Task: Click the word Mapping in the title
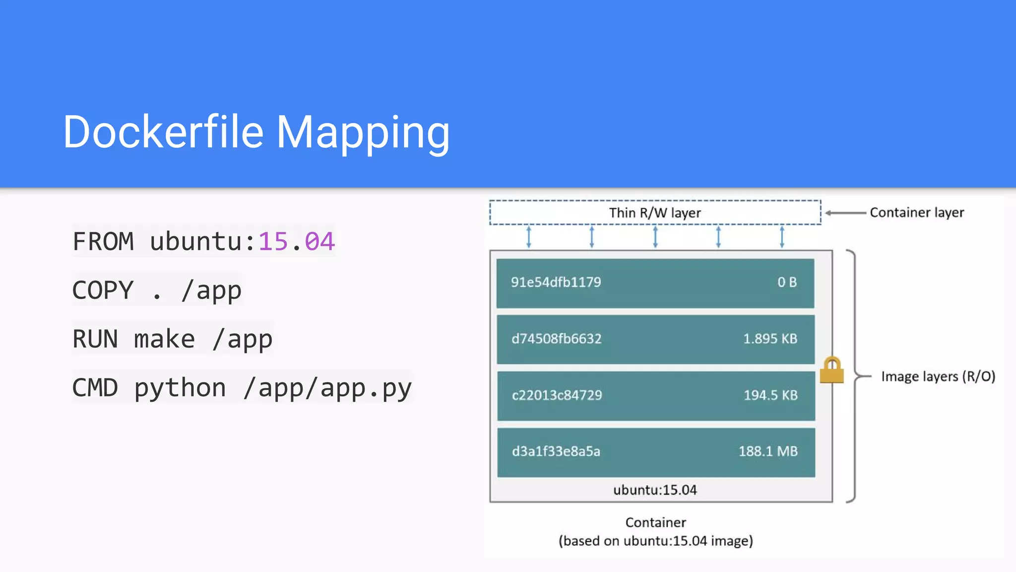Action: tap(363, 133)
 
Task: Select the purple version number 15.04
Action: tap(296, 242)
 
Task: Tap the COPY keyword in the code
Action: tap(103, 290)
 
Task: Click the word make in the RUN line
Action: tap(164, 339)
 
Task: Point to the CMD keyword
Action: tap(95, 388)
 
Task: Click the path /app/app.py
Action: tap(327, 388)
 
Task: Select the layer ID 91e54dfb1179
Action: tap(556, 283)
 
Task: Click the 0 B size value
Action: tap(787, 283)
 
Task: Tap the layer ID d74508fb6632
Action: tap(556, 339)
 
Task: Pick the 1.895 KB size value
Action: tap(770, 339)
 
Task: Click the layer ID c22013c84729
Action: tap(557, 395)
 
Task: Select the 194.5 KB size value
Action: tap(770, 395)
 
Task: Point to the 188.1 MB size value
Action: tap(768, 451)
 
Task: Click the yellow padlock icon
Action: tap(831, 371)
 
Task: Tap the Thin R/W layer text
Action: tap(655, 213)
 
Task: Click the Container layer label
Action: tap(917, 213)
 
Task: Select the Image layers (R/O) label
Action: tap(938, 376)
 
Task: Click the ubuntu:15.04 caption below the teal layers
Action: tap(655, 490)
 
